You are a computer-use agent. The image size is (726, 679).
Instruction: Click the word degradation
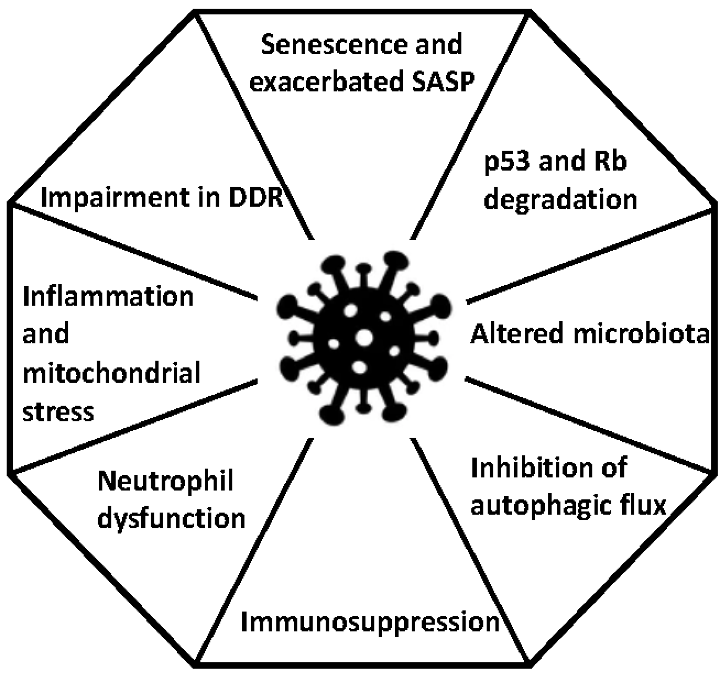pyautogui.click(x=560, y=199)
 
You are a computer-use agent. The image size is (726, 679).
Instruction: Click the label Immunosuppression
pyautogui.click(x=370, y=622)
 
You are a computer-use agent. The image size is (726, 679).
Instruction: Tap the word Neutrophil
pyautogui.click(x=165, y=481)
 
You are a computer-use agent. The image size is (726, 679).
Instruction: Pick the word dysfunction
pyautogui.click(x=171, y=518)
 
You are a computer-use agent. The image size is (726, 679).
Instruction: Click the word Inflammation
pyautogui.click(x=109, y=297)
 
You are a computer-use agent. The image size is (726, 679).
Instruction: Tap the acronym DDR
pyautogui.click(x=256, y=198)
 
